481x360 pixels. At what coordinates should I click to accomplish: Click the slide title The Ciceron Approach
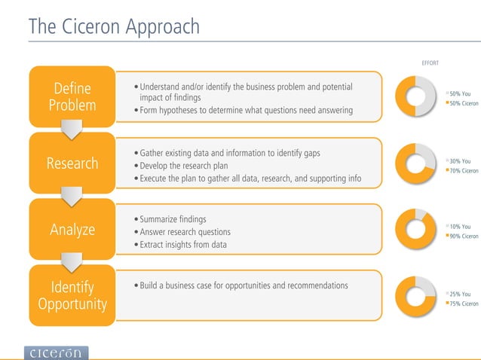[x=114, y=27]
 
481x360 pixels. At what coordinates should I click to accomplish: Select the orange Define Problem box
[x=72, y=97]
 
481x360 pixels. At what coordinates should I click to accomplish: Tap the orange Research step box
[x=72, y=163]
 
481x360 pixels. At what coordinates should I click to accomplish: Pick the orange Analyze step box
[x=72, y=229]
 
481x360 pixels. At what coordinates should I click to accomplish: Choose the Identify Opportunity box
[x=72, y=295]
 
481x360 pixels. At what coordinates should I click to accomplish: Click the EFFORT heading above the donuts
[x=429, y=63]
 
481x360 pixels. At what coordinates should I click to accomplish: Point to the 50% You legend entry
[x=460, y=94]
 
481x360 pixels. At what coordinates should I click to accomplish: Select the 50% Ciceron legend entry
[x=463, y=104]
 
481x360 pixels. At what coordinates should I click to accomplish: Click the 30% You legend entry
[x=460, y=161]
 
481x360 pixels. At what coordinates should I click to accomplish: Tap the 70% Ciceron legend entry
[x=463, y=171]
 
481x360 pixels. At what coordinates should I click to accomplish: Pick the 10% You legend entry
[x=460, y=227]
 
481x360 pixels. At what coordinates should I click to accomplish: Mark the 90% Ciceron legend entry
[x=463, y=236]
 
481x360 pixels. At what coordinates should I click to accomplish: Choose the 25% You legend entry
[x=460, y=294]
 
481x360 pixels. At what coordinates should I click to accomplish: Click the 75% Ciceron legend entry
[x=463, y=304]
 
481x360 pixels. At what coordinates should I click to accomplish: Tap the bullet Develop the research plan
[x=183, y=166]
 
